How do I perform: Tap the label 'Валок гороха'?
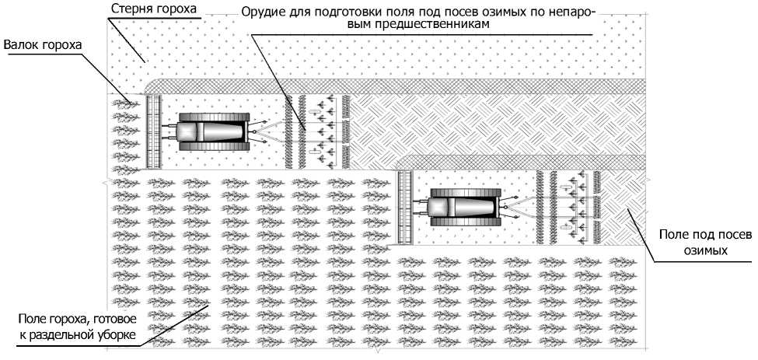pos(42,46)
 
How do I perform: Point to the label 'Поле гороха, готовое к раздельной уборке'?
pos(77,327)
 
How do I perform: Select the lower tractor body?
pos(463,207)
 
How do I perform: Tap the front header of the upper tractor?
pos(153,132)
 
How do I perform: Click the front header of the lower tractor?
pos(404,207)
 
